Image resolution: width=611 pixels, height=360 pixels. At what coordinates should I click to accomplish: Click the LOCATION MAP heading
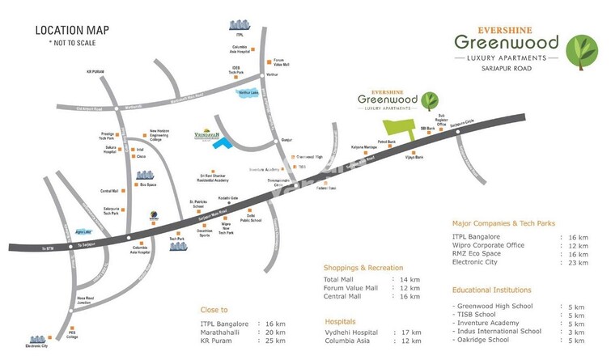click(73, 31)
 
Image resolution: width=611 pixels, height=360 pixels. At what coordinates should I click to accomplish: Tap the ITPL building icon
click(239, 24)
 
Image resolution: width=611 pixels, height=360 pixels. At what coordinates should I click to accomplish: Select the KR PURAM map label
click(96, 71)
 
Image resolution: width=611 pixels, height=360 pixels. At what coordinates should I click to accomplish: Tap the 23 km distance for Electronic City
click(578, 263)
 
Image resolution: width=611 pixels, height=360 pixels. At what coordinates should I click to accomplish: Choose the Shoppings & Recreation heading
click(363, 267)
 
